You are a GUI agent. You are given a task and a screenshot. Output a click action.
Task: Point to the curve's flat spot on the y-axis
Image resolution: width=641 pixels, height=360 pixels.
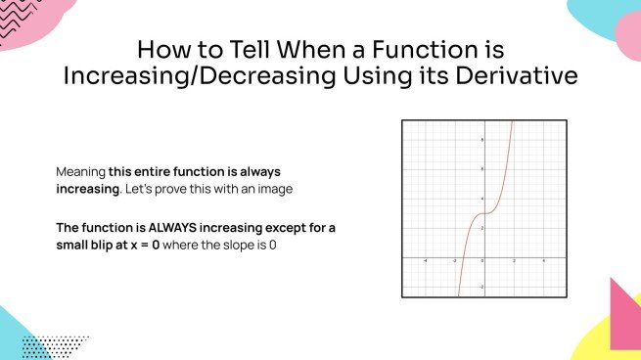484,212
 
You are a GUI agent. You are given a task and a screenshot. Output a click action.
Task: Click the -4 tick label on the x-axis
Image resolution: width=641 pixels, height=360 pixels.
425,261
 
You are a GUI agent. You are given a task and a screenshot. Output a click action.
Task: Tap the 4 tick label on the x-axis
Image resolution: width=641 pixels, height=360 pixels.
544,261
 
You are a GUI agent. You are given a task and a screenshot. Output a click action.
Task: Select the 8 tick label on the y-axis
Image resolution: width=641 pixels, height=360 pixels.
481,139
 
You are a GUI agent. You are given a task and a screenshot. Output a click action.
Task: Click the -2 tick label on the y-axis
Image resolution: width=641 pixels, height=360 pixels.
481,286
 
